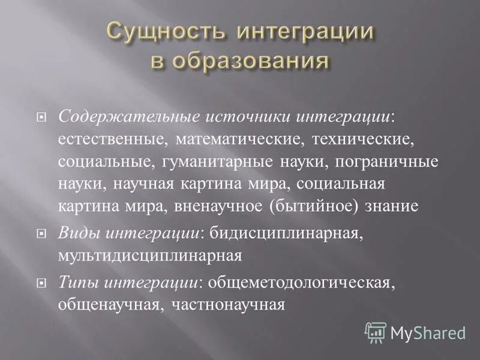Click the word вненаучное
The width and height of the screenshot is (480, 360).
tap(219, 206)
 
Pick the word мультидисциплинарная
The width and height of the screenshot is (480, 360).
tap(150, 256)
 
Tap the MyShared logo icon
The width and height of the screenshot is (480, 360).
tap(376, 332)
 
